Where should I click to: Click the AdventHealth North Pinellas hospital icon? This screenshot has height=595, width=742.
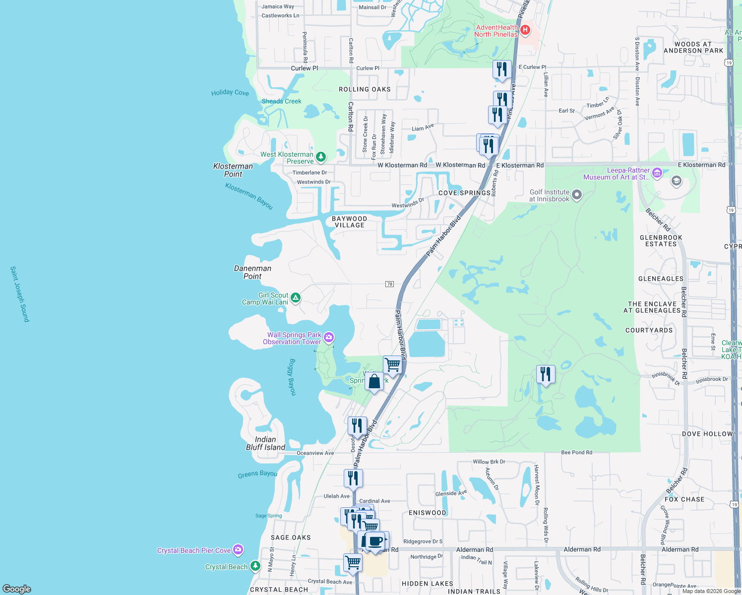[525, 31]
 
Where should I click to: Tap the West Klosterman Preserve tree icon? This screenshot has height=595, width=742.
[321, 157]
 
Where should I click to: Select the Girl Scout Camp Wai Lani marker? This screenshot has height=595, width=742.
[296, 298]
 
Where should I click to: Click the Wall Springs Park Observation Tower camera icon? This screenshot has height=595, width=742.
[328, 338]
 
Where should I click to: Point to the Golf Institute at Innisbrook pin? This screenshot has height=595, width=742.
[576, 195]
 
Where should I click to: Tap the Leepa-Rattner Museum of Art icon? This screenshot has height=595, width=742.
[657, 173]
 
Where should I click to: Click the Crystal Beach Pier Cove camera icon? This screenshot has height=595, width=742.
[238, 550]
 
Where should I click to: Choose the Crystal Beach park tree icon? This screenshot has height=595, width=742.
[255, 566]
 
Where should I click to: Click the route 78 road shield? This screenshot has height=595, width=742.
[389, 284]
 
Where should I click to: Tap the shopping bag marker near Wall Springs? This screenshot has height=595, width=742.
[374, 381]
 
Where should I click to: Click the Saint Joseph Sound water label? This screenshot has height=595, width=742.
[20, 294]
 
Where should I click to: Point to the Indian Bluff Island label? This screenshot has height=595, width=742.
[265, 443]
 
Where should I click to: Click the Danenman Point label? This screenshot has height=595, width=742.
[252, 272]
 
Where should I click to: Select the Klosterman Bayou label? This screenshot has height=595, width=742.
[249, 196]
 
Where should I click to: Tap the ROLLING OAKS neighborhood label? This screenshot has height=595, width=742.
[365, 89]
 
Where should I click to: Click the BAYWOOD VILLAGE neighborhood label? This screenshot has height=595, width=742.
[350, 222]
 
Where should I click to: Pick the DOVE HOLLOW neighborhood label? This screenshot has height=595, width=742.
[707, 434]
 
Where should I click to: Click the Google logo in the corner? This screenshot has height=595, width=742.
[17, 589]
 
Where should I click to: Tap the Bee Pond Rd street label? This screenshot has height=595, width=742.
[576, 452]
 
